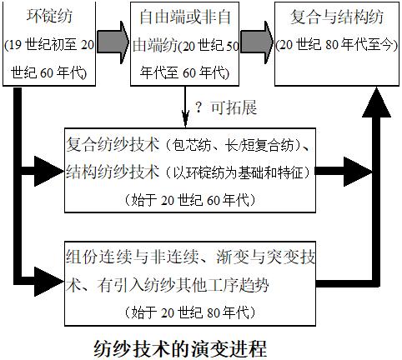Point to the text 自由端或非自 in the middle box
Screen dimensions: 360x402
[188, 17]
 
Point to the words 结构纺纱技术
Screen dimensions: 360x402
[113, 172]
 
